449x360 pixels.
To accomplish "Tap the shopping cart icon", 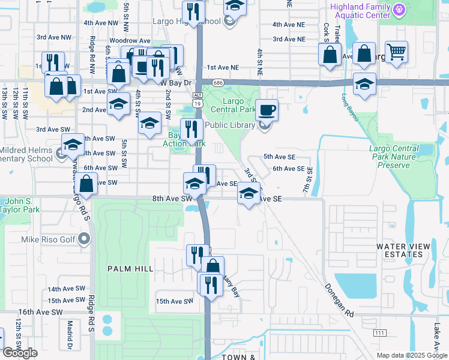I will point(396,53).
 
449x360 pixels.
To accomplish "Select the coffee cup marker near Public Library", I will point(267,110).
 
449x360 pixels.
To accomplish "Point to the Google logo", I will point(20,353).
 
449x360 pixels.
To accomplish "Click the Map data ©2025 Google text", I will point(411,355).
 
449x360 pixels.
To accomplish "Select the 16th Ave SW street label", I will point(40,312).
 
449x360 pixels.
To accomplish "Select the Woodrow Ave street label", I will point(134,41).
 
